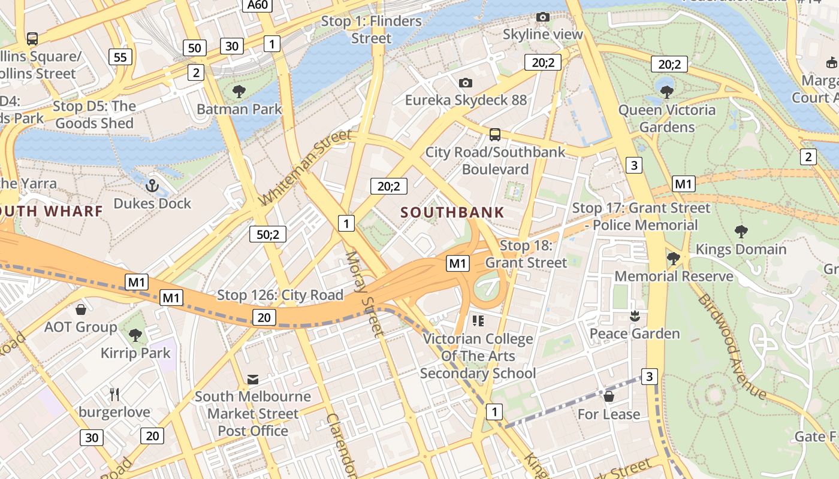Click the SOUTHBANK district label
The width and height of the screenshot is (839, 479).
(452, 213)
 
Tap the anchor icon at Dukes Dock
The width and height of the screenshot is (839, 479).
(152, 186)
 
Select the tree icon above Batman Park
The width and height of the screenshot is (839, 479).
(239, 92)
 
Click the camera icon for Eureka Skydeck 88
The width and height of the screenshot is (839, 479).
(466, 83)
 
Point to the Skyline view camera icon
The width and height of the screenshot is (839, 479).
(542, 17)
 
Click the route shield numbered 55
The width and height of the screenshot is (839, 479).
(120, 57)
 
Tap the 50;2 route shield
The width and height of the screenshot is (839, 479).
(268, 234)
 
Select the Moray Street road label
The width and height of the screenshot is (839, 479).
(364, 294)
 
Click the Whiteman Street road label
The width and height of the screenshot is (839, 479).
(305, 167)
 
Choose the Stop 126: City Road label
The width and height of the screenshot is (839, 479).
(280, 295)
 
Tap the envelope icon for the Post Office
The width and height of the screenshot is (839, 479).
(253, 379)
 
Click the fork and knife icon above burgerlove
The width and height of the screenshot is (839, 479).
(115, 394)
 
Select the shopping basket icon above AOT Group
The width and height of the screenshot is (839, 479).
(81, 310)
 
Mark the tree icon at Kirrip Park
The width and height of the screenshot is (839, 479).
(135, 335)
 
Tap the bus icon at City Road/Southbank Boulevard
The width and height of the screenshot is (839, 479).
(495, 134)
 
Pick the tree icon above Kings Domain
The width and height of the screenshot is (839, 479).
(741, 232)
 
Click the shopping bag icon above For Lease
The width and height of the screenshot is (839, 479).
(609, 396)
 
